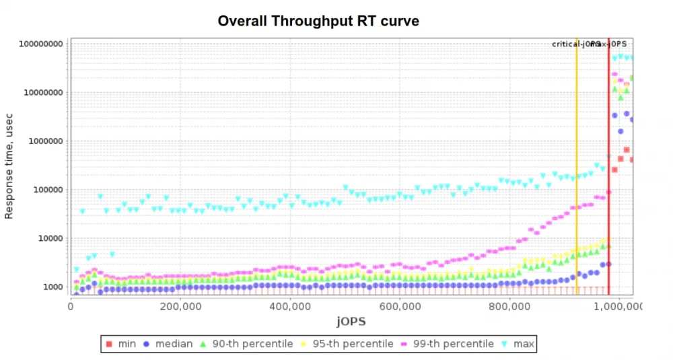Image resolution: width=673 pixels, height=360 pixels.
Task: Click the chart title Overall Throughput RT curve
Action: pos(318,22)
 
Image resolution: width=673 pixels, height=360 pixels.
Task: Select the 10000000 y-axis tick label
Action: pos(41,93)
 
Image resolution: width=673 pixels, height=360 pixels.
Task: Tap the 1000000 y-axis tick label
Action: pos(44,141)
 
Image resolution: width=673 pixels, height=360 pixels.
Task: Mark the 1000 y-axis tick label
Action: pos(52,287)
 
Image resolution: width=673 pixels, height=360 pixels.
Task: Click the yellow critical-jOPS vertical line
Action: pos(577,168)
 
